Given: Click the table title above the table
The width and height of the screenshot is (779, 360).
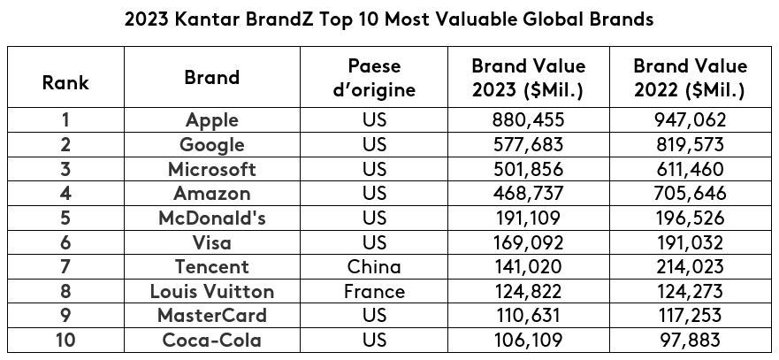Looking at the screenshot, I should click(x=389, y=19).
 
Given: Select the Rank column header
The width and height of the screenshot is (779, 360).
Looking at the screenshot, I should click(x=65, y=84).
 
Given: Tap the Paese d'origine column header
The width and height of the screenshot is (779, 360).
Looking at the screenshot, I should click(x=374, y=78).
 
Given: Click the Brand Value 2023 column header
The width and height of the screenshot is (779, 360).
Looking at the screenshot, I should click(x=528, y=78).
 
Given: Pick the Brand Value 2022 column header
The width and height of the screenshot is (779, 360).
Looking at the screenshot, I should click(x=691, y=78).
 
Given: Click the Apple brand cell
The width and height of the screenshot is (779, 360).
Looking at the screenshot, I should click(x=212, y=120).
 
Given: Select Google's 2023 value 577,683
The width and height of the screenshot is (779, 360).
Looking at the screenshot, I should click(x=528, y=145).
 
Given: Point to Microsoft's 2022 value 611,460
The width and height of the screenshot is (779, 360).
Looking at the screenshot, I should click(x=691, y=169).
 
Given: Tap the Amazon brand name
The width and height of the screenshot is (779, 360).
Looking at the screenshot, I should click(x=212, y=194).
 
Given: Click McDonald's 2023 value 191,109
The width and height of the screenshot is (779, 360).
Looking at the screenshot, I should click(x=528, y=218).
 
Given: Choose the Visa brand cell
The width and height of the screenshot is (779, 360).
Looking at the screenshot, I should click(x=212, y=242).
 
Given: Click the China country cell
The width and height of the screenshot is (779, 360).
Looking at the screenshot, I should click(x=374, y=266).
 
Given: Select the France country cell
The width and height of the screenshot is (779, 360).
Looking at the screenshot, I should click(x=374, y=291).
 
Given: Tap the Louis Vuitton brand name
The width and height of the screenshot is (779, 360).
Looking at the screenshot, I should click(x=212, y=291).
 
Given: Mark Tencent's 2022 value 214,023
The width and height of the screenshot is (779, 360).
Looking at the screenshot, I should click(x=691, y=266).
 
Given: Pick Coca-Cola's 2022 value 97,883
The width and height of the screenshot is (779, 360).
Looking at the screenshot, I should click(x=691, y=340).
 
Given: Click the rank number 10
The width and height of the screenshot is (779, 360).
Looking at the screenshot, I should click(x=65, y=340).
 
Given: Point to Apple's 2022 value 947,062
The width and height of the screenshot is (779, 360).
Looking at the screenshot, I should click(x=691, y=120).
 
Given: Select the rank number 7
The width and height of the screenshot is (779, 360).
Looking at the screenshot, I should click(x=65, y=266).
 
